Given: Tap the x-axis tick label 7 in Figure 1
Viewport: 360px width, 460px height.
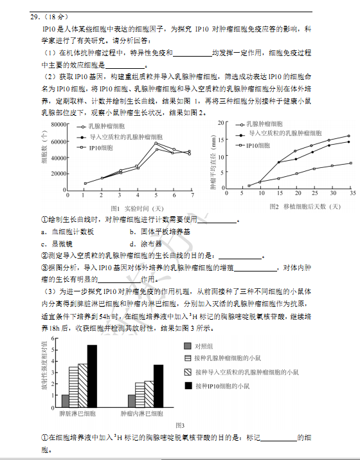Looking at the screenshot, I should click(x=192, y=194).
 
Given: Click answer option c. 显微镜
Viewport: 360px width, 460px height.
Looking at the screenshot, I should click(x=62, y=244).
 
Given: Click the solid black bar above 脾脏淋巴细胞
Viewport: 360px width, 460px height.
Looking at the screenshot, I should click(x=92, y=373).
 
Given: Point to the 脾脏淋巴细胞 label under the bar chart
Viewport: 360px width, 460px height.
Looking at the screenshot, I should click(x=78, y=412).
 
